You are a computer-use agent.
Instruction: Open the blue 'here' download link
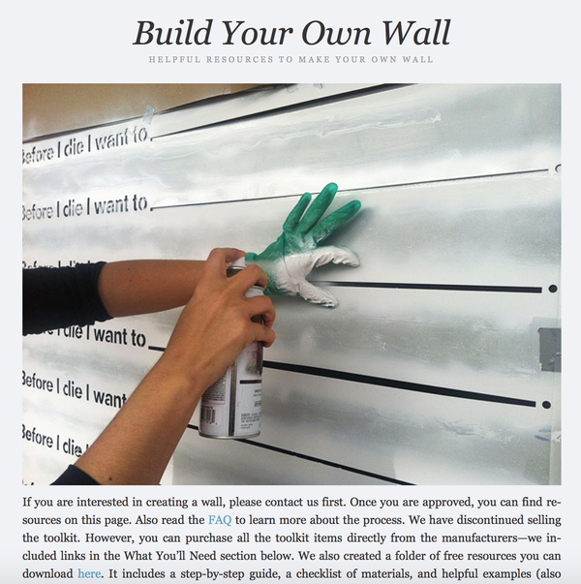[89, 573]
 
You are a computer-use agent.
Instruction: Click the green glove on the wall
[315, 242]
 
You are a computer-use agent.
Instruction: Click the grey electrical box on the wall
[549, 349]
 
